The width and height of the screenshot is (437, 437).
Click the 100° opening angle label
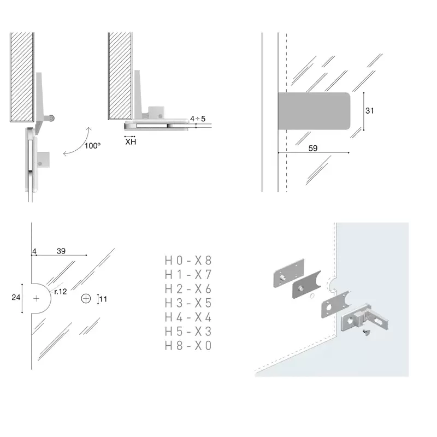point(92,146)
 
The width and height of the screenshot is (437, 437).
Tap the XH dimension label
point(131,142)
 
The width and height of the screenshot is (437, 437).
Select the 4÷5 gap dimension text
point(198,119)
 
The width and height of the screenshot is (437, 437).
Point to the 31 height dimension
point(370,111)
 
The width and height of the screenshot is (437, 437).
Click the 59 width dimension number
point(313,148)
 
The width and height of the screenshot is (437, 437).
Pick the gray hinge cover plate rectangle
point(314,111)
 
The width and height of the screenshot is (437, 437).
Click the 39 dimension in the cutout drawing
point(61,251)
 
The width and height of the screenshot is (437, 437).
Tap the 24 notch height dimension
point(16,297)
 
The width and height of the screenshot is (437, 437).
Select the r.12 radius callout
point(61,292)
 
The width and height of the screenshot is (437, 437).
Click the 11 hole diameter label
point(103,299)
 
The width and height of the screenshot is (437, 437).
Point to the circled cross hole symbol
point(86,298)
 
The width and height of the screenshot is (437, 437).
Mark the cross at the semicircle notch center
point(36,298)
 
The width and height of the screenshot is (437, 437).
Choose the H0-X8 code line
point(188,261)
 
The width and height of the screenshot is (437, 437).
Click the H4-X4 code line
point(188,317)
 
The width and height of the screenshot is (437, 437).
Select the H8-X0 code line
point(188,346)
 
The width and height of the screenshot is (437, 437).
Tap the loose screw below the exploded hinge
point(366,332)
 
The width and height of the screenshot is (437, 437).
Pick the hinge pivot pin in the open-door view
point(51,119)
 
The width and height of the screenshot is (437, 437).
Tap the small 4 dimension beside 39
point(34,251)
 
